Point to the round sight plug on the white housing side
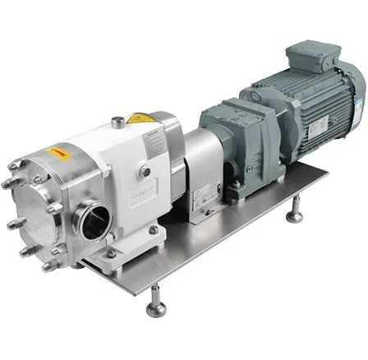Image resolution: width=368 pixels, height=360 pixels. tap(145, 171)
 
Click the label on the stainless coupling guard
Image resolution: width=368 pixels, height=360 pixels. tap(200, 201)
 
